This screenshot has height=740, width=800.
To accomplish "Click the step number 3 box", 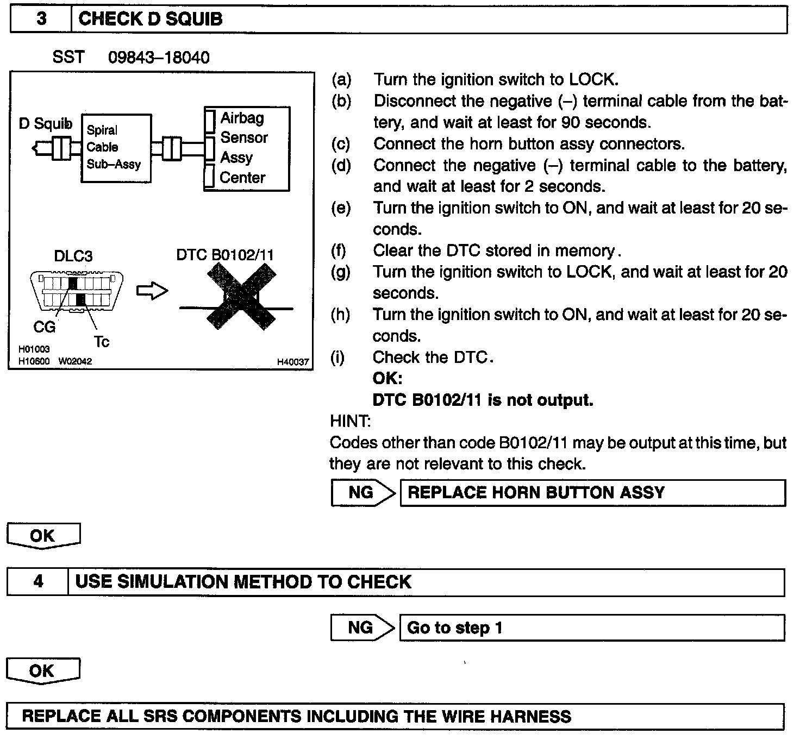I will coord(41,20).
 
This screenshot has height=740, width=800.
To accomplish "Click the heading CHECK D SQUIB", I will coord(151,20).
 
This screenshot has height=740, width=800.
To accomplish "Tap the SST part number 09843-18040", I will coord(159,58).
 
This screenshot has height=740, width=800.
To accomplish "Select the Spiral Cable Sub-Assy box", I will coord(115,148).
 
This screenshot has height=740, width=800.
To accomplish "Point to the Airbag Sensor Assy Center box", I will coord(247,148).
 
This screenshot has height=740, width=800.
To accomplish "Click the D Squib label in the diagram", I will coord(45,124).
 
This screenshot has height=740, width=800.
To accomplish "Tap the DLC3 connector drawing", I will coord(76,291).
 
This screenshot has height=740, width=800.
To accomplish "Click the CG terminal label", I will coord(44,327).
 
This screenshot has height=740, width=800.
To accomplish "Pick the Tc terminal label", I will coord(102,342).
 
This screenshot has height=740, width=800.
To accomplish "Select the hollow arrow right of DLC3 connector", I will coord(152,292).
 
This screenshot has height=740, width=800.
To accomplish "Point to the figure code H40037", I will coord(292,362).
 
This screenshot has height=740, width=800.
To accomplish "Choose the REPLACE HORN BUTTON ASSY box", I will coord(592,493).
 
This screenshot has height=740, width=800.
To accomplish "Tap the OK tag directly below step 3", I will coord(43,536).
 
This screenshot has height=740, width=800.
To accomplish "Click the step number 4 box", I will coord(38,582).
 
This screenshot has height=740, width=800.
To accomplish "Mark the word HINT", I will coord(350,421).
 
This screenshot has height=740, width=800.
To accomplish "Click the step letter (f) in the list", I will coord(339,250).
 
